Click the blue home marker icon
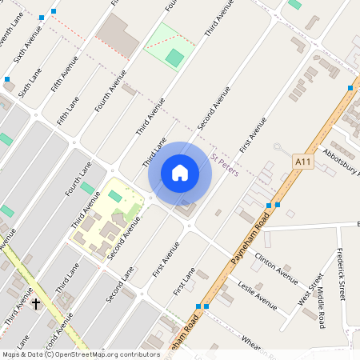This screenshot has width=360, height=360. [x=180, y=173]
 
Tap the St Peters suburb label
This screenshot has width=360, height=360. [x=225, y=166]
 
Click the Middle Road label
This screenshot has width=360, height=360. [x=320, y=309]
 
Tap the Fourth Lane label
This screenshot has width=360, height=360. [x=79, y=178]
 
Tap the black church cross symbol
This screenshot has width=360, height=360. [x=35, y=304]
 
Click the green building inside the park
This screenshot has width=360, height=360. [x=174, y=57]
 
